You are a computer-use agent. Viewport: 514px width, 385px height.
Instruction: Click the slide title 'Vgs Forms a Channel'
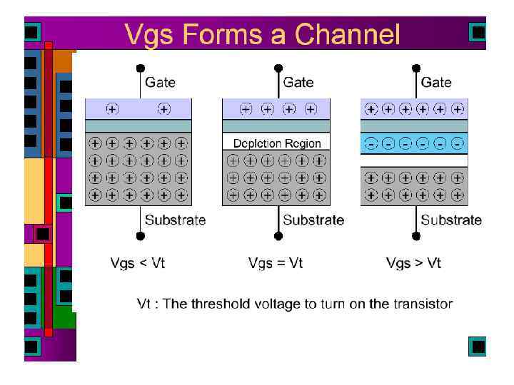[x=262, y=34]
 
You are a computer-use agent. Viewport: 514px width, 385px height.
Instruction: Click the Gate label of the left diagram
[x=160, y=83]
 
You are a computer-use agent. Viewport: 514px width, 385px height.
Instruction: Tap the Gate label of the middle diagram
[x=298, y=83]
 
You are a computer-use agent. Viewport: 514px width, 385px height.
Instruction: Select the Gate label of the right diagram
[x=435, y=83]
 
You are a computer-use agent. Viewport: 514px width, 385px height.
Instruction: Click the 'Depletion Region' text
[x=277, y=143]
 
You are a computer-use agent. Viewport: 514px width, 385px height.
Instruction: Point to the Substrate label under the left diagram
[x=175, y=220]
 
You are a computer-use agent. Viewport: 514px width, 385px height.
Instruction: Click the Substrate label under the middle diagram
[x=313, y=220]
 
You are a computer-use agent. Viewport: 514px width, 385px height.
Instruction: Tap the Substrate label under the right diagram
[x=451, y=220]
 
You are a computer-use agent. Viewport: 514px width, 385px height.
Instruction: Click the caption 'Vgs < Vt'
[x=138, y=264]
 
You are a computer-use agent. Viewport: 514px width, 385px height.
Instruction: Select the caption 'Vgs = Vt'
[x=276, y=264]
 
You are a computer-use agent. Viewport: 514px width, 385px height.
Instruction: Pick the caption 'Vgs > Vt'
[x=413, y=264]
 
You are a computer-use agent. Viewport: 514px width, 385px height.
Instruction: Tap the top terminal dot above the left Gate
[x=141, y=69]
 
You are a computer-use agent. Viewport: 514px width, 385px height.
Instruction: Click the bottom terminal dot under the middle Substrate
[x=278, y=236]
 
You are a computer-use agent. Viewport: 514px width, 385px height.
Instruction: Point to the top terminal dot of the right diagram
[x=416, y=69]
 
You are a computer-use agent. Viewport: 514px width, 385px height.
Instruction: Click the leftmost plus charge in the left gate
[x=112, y=109]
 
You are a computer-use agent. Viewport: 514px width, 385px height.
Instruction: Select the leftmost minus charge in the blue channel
[x=371, y=143]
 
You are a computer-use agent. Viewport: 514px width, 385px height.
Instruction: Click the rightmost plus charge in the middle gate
[x=311, y=109]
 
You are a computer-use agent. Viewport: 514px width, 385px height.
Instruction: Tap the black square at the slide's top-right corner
[x=478, y=32]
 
